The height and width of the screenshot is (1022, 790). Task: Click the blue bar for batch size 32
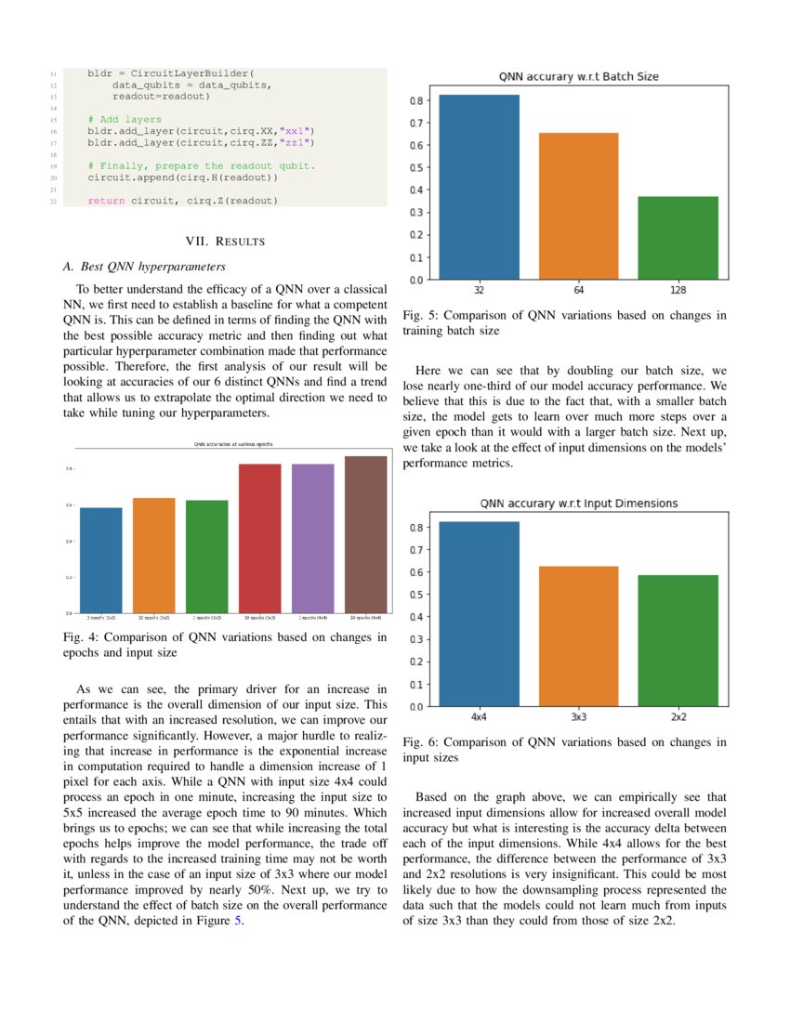pyautogui.click(x=479, y=186)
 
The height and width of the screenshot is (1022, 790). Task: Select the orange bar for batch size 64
pyautogui.click(x=579, y=204)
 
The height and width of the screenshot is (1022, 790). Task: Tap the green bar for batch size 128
pyautogui.click(x=678, y=237)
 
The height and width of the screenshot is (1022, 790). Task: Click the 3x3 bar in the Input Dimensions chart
pyautogui.click(x=579, y=635)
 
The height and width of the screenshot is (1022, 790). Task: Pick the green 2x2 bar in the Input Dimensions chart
pyautogui.click(x=678, y=640)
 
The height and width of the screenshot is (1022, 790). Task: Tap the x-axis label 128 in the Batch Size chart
pyautogui.click(x=678, y=290)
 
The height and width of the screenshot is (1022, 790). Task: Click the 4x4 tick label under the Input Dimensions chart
pyautogui.click(x=479, y=717)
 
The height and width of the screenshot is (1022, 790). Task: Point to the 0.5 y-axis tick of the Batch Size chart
pyautogui.click(x=418, y=167)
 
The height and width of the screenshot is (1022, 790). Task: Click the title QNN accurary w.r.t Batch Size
pyautogui.click(x=578, y=76)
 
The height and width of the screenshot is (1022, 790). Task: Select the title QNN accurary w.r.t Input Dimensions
pyautogui.click(x=578, y=504)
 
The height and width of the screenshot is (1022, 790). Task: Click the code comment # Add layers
pyautogui.click(x=125, y=119)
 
